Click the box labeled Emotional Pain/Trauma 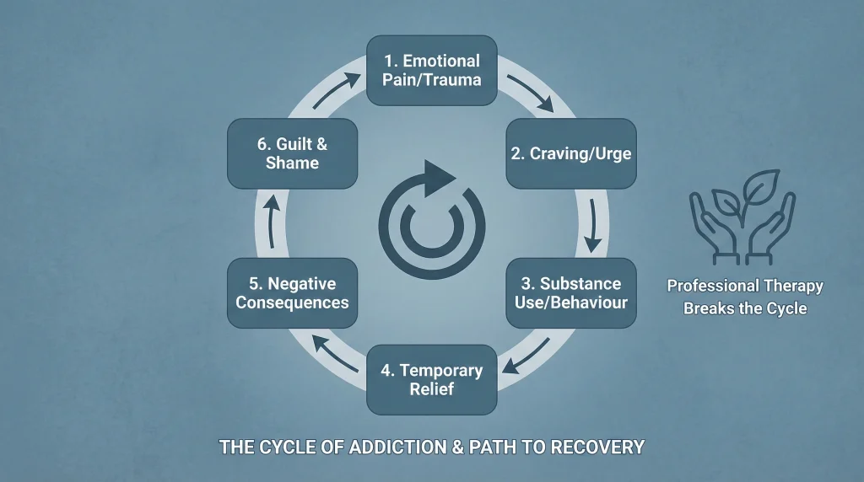pyautogui.click(x=431, y=71)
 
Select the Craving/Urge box pyautogui.click(x=571, y=153)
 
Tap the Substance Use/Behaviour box pyautogui.click(x=571, y=292)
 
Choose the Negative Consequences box pyautogui.click(x=292, y=292)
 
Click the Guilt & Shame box pyautogui.click(x=292, y=153)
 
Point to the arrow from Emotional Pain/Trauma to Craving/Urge pyautogui.click(x=529, y=94)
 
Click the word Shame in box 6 pyautogui.click(x=292, y=163)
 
